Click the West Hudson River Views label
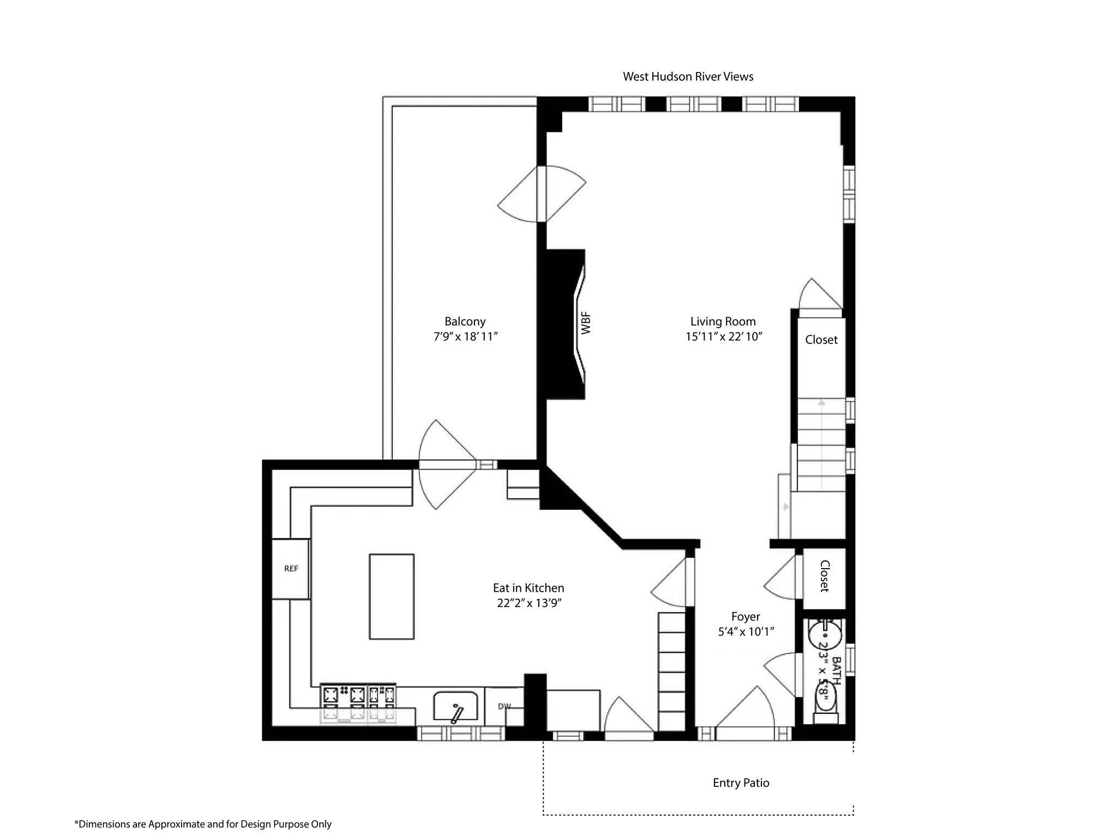click(x=688, y=77)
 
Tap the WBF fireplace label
click(x=586, y=323)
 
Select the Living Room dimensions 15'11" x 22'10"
click(x=723, y=337)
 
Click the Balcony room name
click(x=465, y=322)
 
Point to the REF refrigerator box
click(x=291, y=569)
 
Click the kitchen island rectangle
click(x=392, y=596)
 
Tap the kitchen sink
click(x=455, y=707)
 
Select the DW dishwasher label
click(x=505, y=707)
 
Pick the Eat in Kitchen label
click(x=528, y=588)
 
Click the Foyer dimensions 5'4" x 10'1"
click(x=746, y=632)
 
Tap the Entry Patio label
click(x=741, y=783)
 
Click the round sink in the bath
click(x=825, y=635)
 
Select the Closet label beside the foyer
click(x=824, y=576)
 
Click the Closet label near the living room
click(x=821, y=340)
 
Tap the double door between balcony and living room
click(x=542, y=194)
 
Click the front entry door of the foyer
click(x=745, y=714)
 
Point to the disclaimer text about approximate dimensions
click(x=203, y=824)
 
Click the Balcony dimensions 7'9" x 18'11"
click(x=465, y=337)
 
